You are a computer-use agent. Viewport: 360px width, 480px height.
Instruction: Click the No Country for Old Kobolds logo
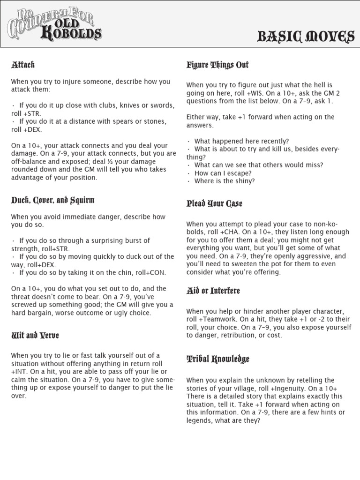point(54,24)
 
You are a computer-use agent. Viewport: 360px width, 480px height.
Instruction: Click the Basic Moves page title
point(306,37)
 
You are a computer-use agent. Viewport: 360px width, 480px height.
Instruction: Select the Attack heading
point(23,65)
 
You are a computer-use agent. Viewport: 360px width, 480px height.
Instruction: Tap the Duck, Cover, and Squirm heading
point(53,200)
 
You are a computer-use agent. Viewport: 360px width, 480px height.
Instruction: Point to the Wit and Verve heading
point(35,336)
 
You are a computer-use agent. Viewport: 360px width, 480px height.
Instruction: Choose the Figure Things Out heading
point(217,65)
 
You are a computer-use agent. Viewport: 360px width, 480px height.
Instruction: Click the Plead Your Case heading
point(214,203)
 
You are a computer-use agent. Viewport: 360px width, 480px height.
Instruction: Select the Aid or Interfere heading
point(213,291)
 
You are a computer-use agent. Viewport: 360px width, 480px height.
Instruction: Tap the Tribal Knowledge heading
point(217,360)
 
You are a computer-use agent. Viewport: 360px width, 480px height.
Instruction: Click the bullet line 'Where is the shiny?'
point(224,181)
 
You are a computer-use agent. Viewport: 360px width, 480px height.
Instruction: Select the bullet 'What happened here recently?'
point(241,141)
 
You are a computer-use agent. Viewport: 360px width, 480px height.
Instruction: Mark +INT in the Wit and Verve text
point(19,372)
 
